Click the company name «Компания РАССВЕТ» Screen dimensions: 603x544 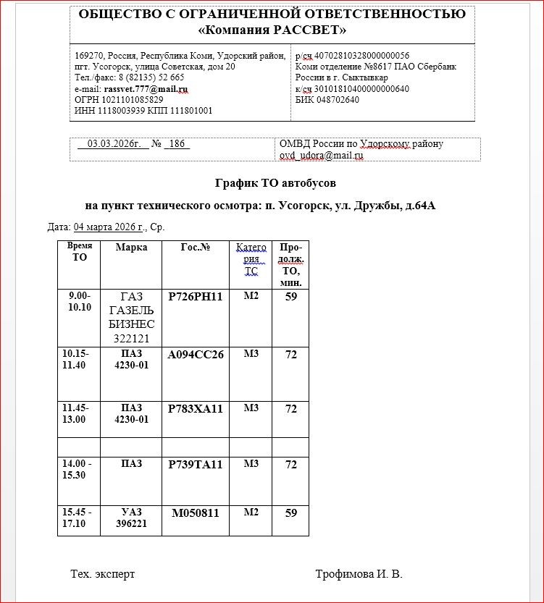[x=272, y=30]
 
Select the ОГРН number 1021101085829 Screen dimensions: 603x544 [x=119, y=100]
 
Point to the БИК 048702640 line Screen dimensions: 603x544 [x=327, y=100]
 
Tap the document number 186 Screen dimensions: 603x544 [x=177, y=144]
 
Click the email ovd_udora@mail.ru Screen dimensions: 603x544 [x=321, y=155]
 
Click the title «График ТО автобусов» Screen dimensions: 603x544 [x=275, y=183]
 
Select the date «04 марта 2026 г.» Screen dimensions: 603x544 [x=109, y=227]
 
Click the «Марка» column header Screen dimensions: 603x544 [x=131, y=248]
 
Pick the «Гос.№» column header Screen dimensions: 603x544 [x=195, y=248]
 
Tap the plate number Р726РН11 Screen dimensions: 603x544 [x=195, y=297]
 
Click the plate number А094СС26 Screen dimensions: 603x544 [x=195, y=355]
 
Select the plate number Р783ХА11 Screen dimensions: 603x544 [x=195, y=409]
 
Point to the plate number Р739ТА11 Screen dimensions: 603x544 [x=195, y=465]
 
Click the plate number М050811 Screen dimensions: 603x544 [x=195, y=514]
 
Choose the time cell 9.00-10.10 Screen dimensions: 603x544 [x=79, y=302]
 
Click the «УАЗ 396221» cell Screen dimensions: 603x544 [x=131, y=518]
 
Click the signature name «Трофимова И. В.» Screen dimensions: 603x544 [x=359, y=574]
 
